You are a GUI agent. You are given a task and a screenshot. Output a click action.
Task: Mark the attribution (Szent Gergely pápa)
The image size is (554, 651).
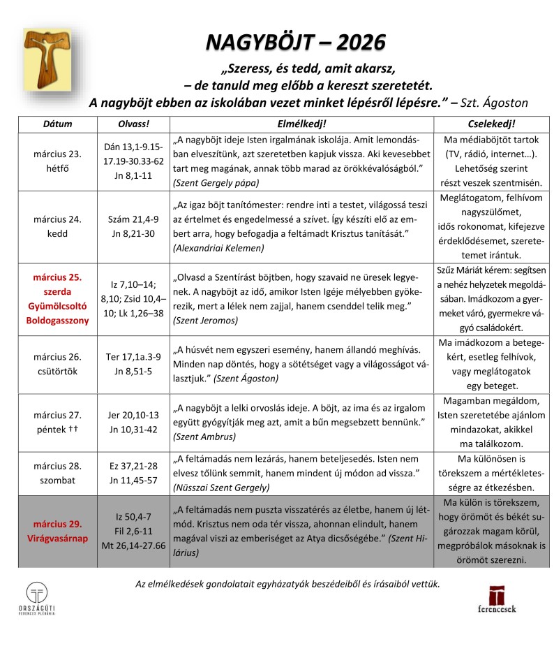click(x=216, y=182)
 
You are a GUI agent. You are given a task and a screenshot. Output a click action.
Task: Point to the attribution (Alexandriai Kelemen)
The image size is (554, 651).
click(x=220, y=248)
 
